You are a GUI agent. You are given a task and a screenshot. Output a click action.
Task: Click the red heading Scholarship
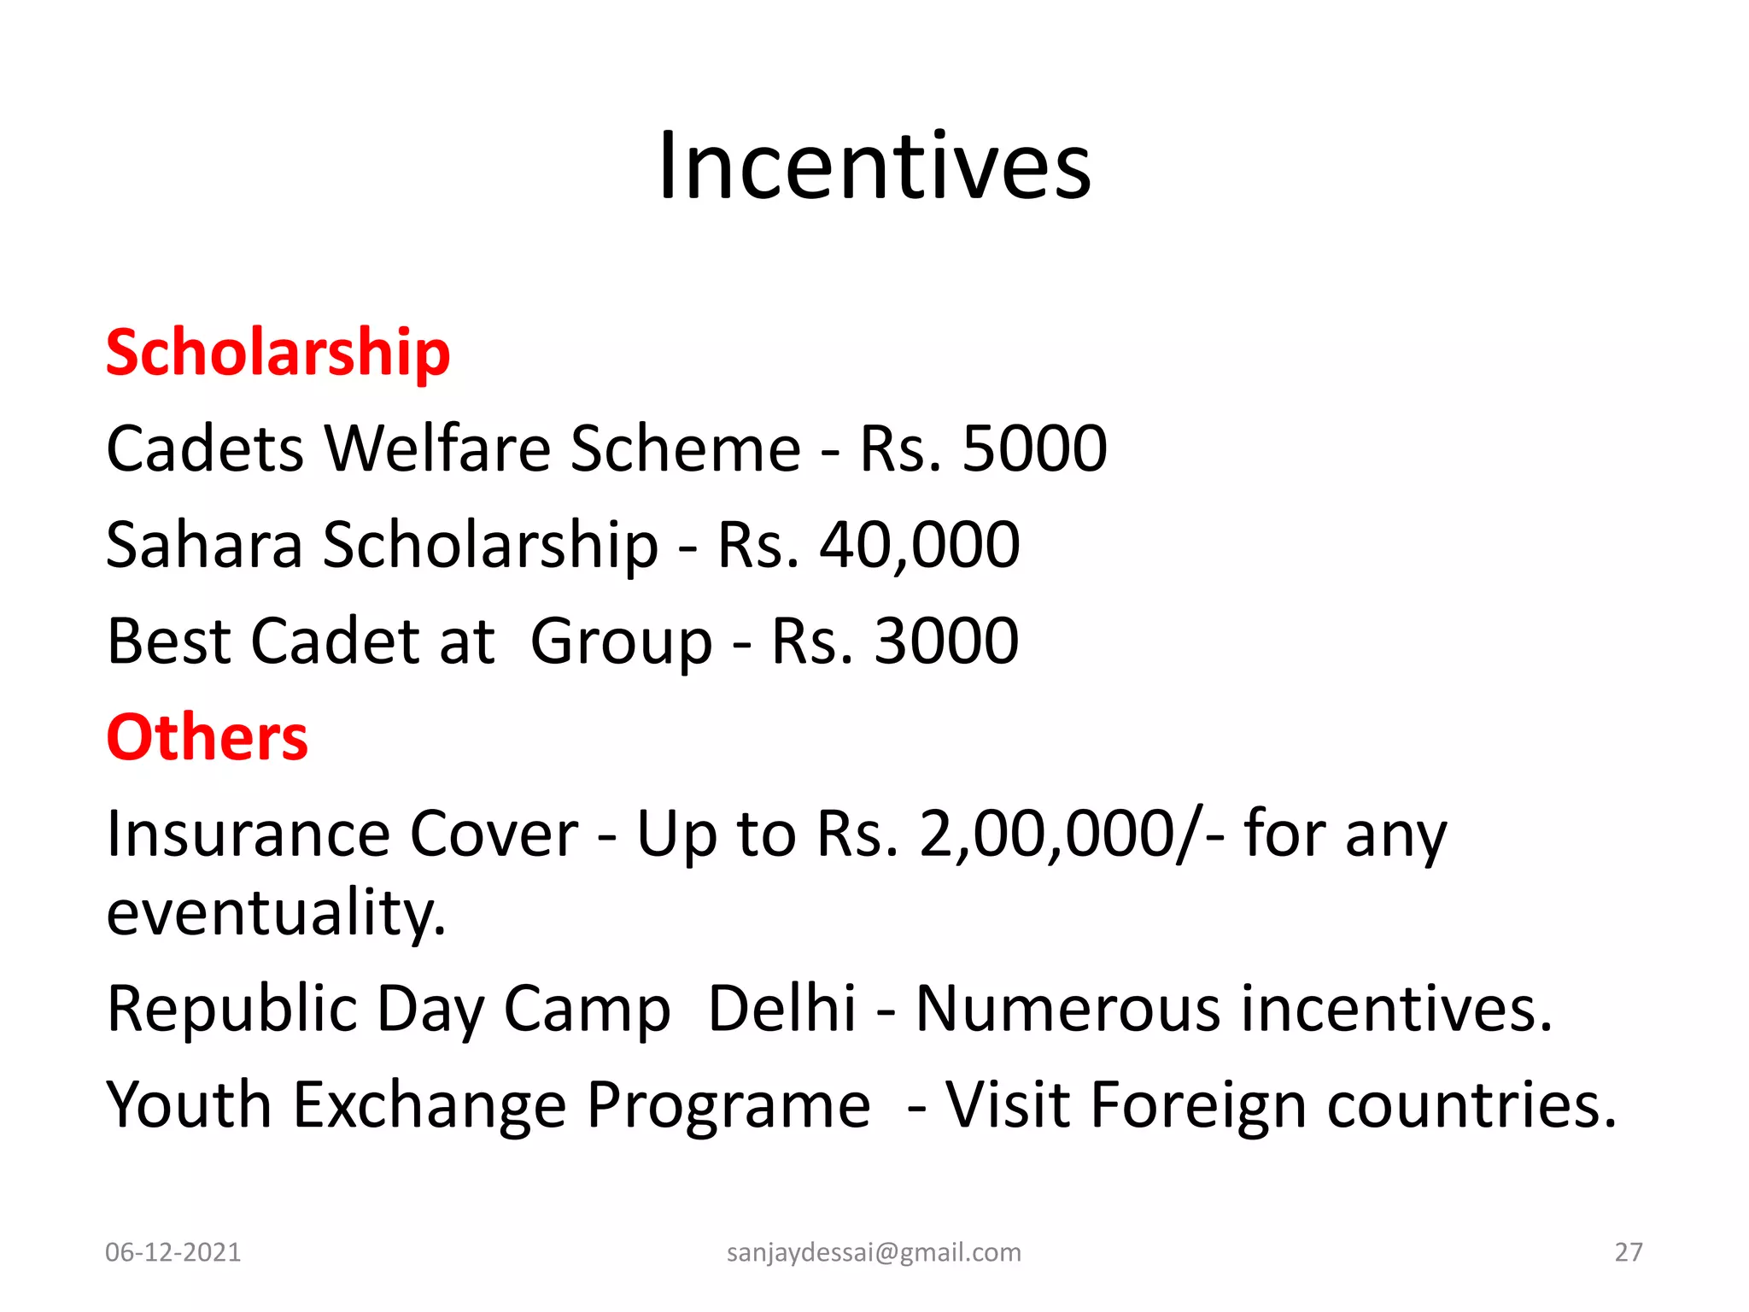pos(278,352)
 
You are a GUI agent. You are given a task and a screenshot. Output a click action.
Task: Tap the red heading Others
pos(207,737)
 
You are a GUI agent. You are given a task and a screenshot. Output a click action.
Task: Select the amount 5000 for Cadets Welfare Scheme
pos(1034,448)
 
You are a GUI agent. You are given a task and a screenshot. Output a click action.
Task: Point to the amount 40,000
pos(919,545)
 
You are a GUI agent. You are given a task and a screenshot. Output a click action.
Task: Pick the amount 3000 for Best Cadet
pos(946,641)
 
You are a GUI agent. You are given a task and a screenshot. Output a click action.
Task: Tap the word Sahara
pos(204,545)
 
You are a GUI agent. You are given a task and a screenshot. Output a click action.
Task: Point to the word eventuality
pos(275,912)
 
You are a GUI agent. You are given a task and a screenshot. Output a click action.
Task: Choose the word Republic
pos(231,1009)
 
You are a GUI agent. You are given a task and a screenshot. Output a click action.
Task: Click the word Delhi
pos(781,1009)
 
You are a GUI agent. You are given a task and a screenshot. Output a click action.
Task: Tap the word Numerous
pos(1069,1009)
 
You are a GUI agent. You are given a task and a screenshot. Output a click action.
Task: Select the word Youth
pos(189,1105)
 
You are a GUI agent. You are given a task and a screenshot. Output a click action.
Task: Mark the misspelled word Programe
pos(728,1105)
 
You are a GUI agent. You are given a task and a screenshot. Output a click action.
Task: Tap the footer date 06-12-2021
pos(173,1252)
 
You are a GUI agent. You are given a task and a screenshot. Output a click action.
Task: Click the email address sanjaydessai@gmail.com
pos(874,1252)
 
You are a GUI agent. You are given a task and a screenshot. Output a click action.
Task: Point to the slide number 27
pos(1629,1252)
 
